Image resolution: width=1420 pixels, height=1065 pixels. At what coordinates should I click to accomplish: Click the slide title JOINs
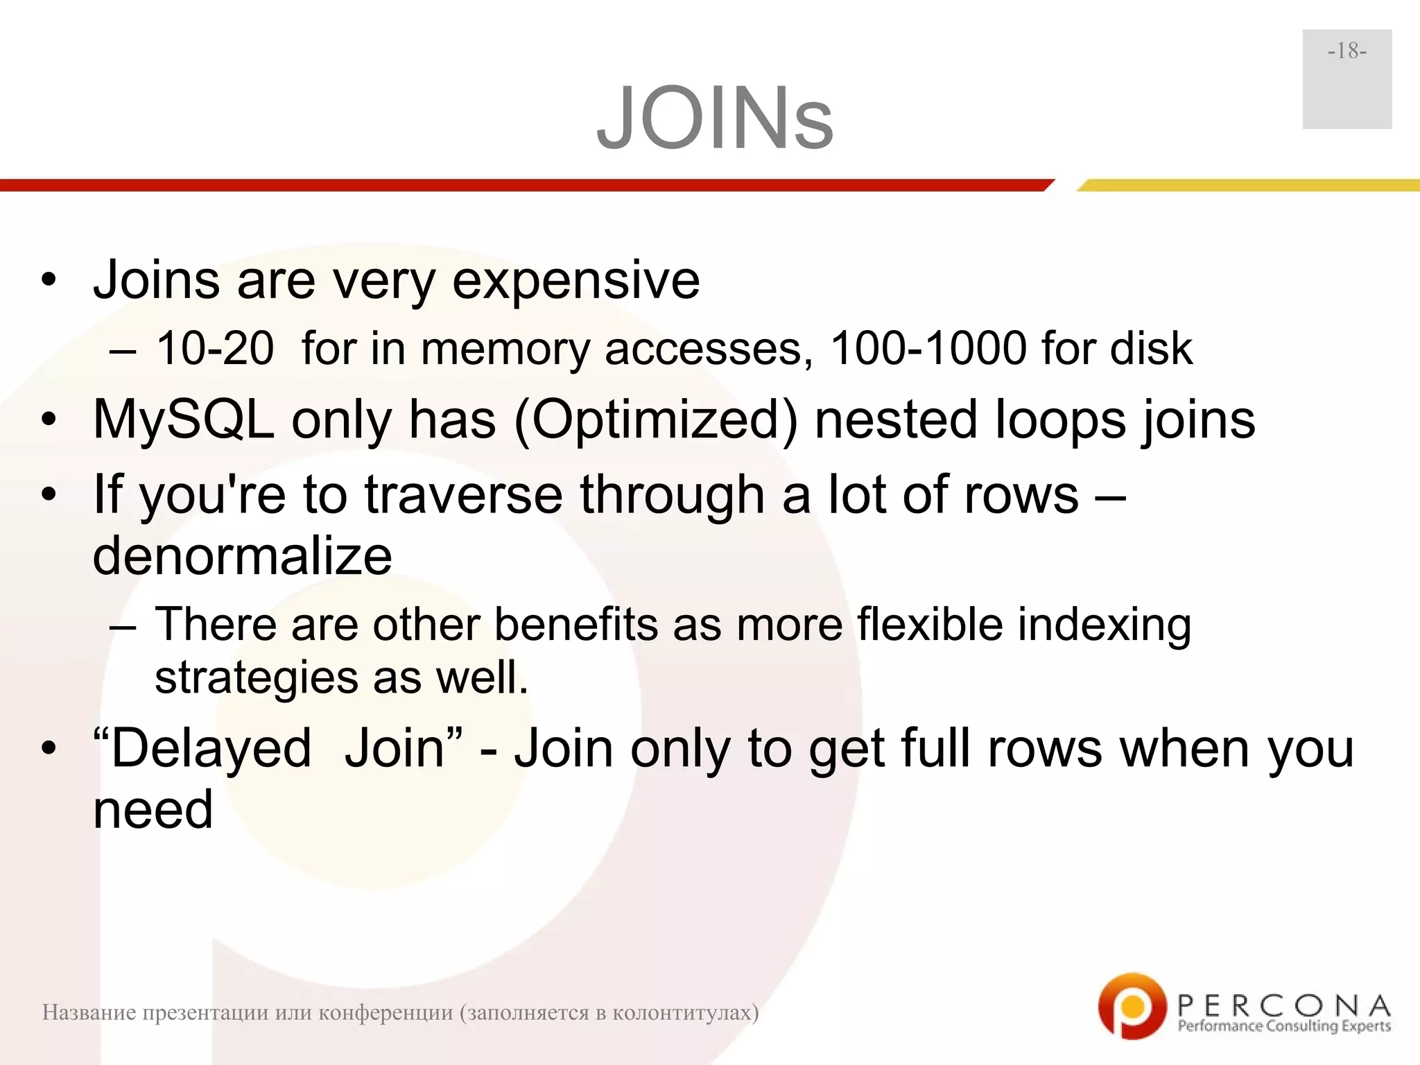pyautogui.click(x=715, y=118)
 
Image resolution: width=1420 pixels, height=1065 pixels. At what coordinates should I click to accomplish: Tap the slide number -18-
pyautogui.click(x=1347, y=51)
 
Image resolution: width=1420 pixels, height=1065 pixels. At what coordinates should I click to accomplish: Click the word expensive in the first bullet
pyautogui.click(x=575, y=281)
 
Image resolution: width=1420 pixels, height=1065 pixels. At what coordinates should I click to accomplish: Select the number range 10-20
pyautogui.click(x=215, y=348)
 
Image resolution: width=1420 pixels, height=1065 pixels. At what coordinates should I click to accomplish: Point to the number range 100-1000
pyautogui.click(x=928, y=348)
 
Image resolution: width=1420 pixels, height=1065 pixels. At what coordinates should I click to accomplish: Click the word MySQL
pyautogui.click(x=184, y=420)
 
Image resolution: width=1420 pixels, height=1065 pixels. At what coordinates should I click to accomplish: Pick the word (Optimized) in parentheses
pyautogui.click(x=656, y=420)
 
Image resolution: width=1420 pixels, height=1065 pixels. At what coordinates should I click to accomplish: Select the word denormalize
pyautogui.click(x=243, y=556)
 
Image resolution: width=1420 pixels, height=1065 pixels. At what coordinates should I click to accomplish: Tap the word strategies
pyautogui.click(x=254, y=678)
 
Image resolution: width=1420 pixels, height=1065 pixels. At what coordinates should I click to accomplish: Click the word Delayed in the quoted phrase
pyautogui.click(x=211, y=749)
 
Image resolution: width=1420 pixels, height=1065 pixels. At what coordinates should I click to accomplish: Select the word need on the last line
pyautogui.click(x=153, y=810)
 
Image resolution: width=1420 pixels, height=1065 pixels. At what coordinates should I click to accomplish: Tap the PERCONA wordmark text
pyautogui.click(x=1283, y=1005)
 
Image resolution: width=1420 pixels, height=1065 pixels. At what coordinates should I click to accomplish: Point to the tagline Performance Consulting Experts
pyautogui.click(x=1284, y=1026)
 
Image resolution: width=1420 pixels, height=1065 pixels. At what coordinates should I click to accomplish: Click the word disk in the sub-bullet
pyautogui.click(x=1151, y=348)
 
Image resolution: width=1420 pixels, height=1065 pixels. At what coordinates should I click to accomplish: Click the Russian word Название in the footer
pyautogui.click(x=89, y=1013)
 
